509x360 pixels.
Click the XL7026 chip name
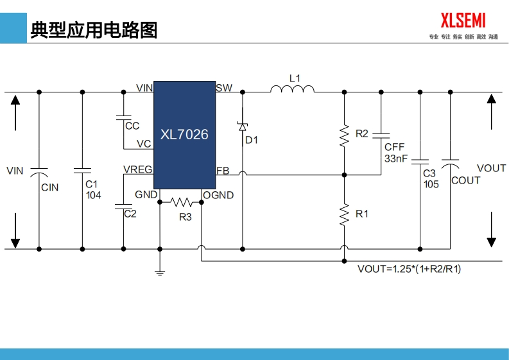point(184,135)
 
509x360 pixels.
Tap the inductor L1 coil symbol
point(292,89)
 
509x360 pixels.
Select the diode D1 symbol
point(243,127)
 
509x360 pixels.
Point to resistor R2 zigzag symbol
point(344,135)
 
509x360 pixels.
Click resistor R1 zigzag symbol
point(344,212)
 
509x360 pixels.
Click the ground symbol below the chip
point(160,273)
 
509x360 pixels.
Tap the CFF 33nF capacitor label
point(395,152)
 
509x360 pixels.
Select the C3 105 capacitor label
point(431,178)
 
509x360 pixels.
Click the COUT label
point(465,180)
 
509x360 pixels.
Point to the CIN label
point(49,187)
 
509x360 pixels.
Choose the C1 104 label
point(93,189)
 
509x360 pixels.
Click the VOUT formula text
point(409,269)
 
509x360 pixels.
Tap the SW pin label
point(225,88)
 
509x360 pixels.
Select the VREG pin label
point(138,169)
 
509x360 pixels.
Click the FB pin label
point(223,171)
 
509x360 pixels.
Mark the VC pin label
point(144,144)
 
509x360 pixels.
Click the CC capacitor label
point(132,126)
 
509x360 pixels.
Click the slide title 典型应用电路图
point(94,30)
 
